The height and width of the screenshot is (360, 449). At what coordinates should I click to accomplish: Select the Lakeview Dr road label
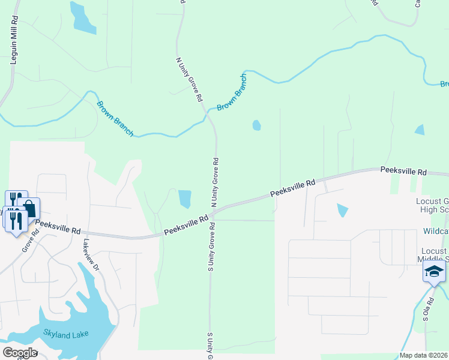91,254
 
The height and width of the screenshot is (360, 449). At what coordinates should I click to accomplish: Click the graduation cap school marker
434,272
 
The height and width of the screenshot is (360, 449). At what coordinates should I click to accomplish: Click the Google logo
19,353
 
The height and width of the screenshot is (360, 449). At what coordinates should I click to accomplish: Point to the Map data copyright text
424,355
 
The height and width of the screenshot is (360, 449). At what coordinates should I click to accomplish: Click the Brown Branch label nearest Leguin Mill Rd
115,118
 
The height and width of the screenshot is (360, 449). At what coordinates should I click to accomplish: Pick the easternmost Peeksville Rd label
403,172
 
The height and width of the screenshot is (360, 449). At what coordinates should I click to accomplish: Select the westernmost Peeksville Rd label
58,226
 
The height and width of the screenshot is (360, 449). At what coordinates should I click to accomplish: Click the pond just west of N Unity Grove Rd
184,199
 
